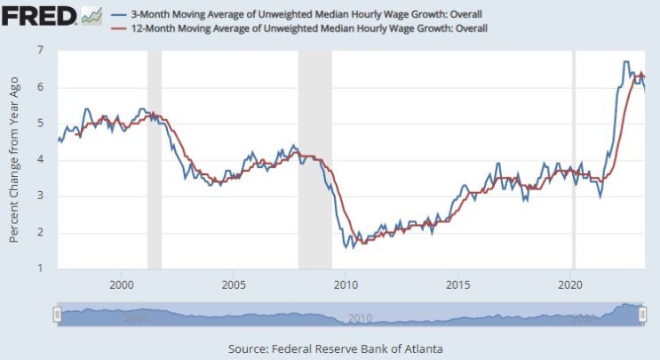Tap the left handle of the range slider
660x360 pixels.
pos(58,315)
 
